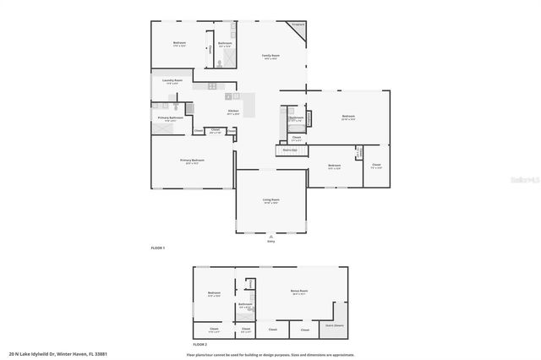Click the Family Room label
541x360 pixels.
point(270,56)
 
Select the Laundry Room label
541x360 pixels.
point(172,82)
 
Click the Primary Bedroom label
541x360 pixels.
point(193,161)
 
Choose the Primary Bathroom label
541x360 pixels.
point(170,118)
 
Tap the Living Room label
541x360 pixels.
point(270,200)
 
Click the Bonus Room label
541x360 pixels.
point(299,292)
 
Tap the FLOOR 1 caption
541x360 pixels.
point(157,248)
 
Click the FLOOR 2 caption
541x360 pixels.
point(199,345)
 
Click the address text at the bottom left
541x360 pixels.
point(58,354)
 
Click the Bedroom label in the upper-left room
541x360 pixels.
point(179,43)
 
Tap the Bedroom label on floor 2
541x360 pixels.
point(214,294)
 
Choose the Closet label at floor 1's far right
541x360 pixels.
point(376,166)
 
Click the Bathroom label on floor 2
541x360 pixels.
point(245,305)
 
